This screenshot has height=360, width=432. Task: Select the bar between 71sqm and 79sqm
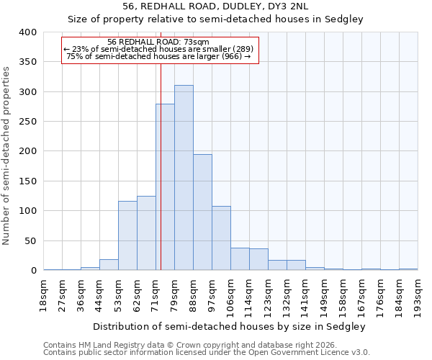coord(165,187)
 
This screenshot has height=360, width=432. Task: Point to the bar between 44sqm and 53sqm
coord(109,265)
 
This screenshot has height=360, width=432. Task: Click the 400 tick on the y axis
coord(28,32)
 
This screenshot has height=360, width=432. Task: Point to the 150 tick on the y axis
coord(28,181)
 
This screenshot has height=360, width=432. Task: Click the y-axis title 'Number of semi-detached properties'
coord(6,155)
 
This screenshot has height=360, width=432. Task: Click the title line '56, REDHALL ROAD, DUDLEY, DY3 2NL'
coord(216,6)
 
